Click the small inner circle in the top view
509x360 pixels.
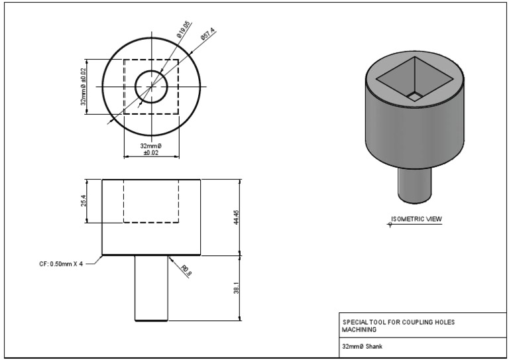click(x=152, y=86)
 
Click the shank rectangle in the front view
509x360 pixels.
click(x=152, y=288)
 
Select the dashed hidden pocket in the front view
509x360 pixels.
click(x=152, y=201)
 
